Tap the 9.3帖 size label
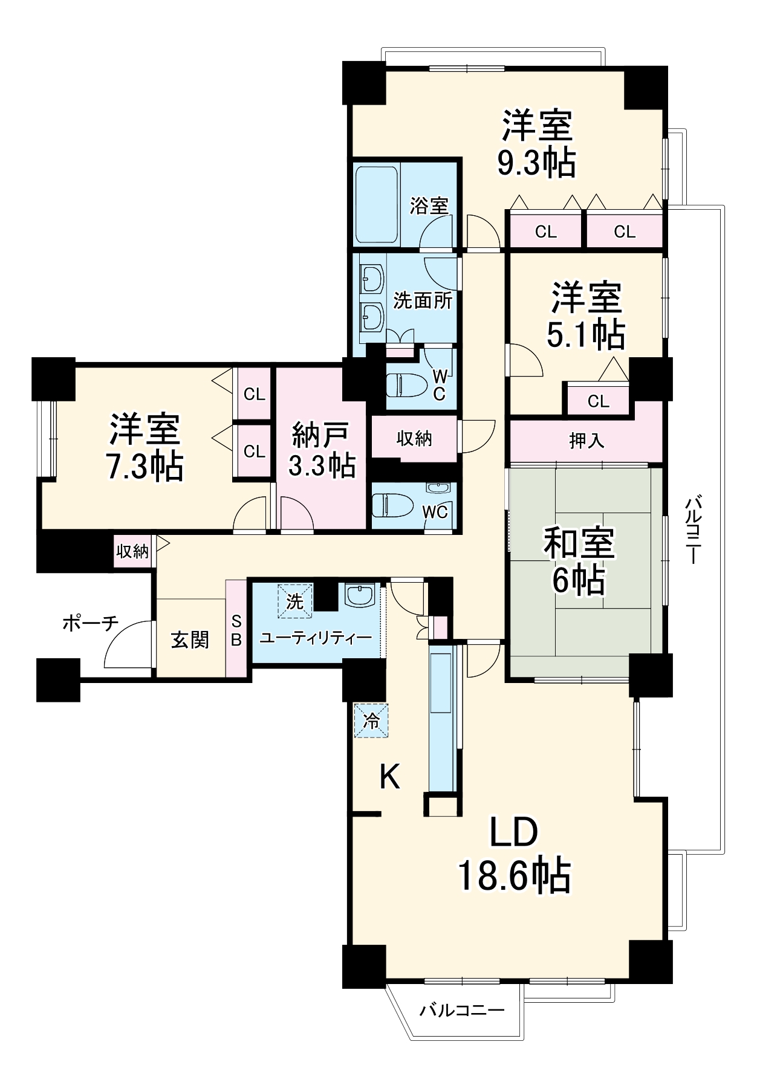coord(536,162)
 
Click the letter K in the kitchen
coord(390,777)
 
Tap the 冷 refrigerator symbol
coord(371,720)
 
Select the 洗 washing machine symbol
coord(295,601)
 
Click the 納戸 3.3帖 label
coord(322,450)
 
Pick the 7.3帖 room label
coord(145,465)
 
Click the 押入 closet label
coord(586,441)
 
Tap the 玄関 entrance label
coord(190,640)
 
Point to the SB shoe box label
coord(236,630)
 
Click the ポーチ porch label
coord(91,623)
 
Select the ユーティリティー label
coord(316,638)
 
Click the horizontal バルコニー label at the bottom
coord(463,1010)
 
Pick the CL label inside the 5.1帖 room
coord(598,401)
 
